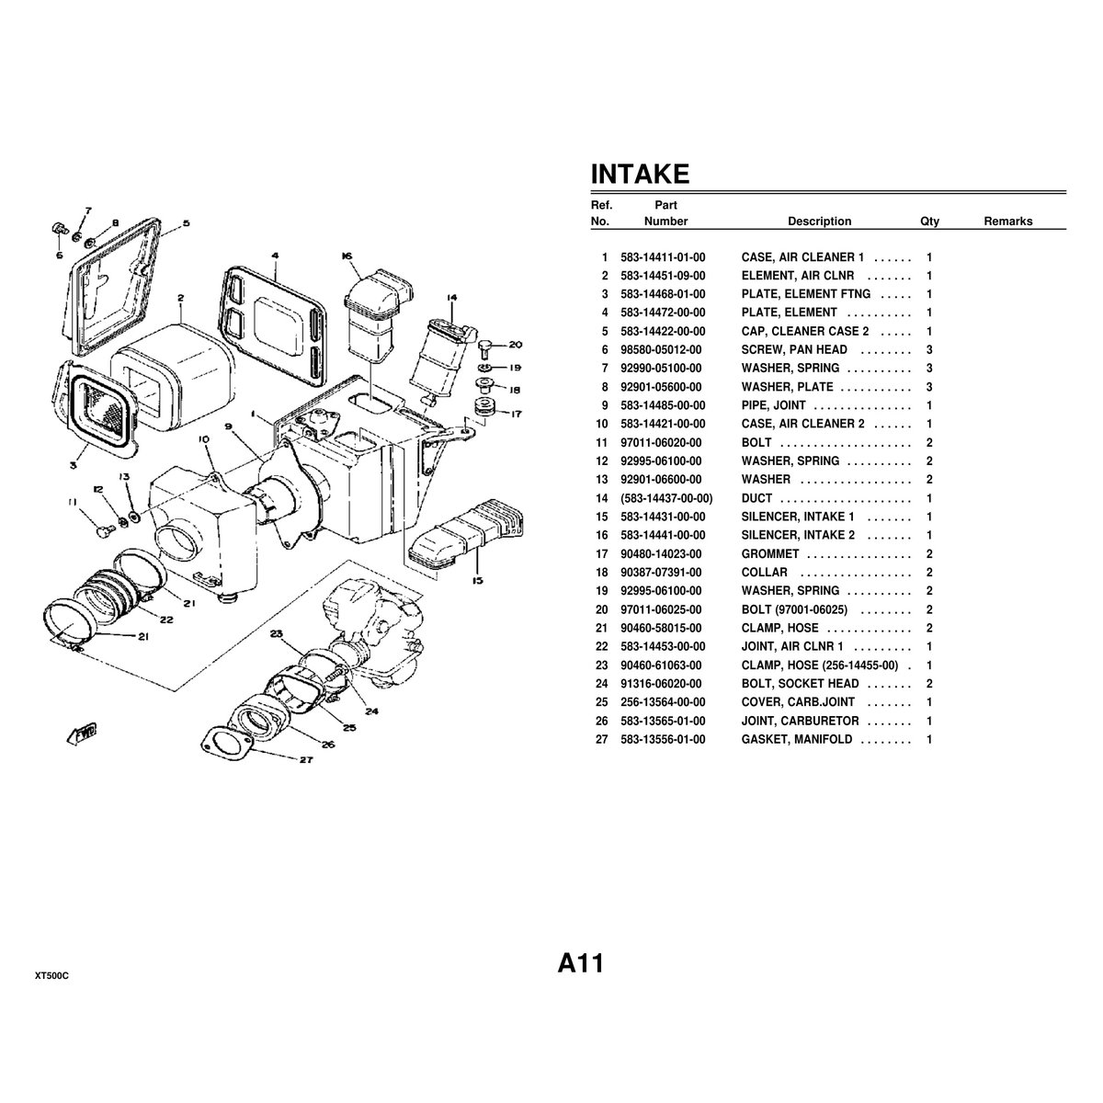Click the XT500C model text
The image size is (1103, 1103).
(51, 976)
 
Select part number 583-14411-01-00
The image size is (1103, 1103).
(663, 257)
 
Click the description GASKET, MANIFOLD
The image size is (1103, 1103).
(796, 739)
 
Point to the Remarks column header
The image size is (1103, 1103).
(1007, 221)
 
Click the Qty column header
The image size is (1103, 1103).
(929, 221)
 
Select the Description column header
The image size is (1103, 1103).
(819, 221)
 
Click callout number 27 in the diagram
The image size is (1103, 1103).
(305, 759)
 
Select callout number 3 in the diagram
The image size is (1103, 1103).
(74, 464)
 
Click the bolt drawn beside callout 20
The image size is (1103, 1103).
(485, 345)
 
